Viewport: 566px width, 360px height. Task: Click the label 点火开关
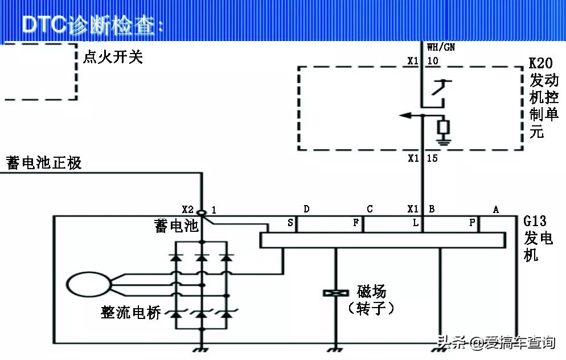coord(113,57)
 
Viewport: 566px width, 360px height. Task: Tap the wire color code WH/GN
coord(441,48)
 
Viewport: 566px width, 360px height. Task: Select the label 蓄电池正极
coord(44,163)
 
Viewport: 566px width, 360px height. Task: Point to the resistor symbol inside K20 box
coord(442,126)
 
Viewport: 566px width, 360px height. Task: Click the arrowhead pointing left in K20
coord(405,116)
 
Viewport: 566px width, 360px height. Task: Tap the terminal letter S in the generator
coord(290,223)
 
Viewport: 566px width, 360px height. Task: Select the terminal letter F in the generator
coord(356,223)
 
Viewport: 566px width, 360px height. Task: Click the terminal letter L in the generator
coord(416,223)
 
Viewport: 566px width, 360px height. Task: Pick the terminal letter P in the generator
coord(471,223)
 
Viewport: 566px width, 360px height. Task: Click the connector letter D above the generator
coord(306,209)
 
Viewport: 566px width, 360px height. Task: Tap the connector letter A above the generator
coord(496,209)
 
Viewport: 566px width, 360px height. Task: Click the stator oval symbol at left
coord(88,284)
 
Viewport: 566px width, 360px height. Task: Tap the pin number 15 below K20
coord(432,158)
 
